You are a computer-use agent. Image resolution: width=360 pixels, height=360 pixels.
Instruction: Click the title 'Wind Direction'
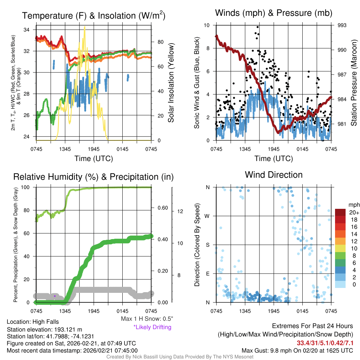pyautogui.click(x=274, y=175)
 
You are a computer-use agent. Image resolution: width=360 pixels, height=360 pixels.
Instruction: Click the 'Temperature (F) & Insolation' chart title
pyautogui.click(x=94, y=16)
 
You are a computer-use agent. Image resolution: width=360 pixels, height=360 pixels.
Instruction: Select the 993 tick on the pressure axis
pyautogui.click(x=342, y=25)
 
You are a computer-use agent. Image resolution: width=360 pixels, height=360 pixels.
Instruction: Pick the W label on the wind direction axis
pyautogui.click(x=207, y=216)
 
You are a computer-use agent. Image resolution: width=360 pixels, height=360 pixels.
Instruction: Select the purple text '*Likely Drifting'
pyautogui.click(x=152, y=327)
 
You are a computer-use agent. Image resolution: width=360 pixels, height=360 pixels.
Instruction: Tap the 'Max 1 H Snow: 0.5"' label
pyautogui.click(x=147, y=319)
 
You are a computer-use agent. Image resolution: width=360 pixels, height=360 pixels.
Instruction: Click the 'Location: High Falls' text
pyautogui.click(x=33, y=322)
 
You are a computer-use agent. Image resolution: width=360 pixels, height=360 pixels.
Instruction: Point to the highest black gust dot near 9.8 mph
pyautogui.click(x=257, y=27)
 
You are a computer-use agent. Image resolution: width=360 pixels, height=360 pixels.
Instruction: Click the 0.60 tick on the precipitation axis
pyautogui.click(x=162, y=208)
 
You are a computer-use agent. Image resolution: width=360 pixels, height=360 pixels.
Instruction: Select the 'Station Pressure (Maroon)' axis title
pyautogui.click(x=354, y=83)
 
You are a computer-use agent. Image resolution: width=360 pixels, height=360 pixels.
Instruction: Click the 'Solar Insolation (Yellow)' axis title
pyautogui.click(x=171, y=83)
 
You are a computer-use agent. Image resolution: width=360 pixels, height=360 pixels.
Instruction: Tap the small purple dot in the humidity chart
pyautogui.click(x=55, y=296)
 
